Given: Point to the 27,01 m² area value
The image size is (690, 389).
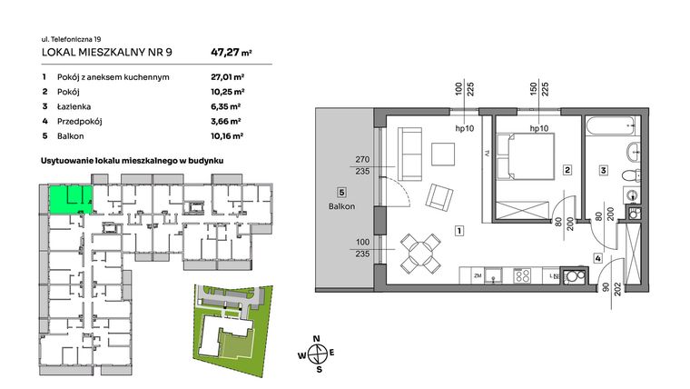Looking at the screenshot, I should [x=228, y=77].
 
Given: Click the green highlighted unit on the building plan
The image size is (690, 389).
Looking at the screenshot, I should [x=69, y=197].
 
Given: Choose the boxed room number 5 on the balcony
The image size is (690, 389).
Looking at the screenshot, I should [x=340, y=193].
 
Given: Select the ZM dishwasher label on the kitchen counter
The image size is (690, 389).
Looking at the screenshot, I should [x=476, y=274].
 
